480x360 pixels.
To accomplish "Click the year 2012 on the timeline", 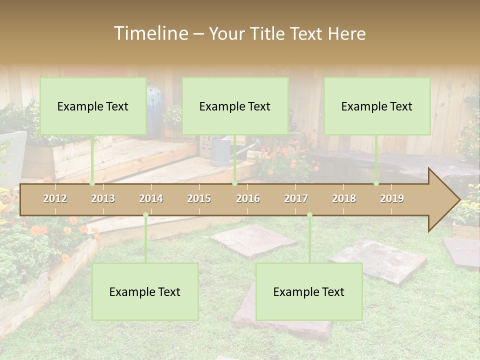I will (55, 198).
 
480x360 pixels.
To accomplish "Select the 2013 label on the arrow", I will (103, 198).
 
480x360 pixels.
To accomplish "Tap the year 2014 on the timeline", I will (151, 198).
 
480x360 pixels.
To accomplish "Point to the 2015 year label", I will (199, 198).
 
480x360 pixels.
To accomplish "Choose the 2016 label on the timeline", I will (248, 198).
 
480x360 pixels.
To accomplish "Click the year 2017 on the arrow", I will (296, 198).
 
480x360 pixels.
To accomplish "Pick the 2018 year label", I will (344, 198).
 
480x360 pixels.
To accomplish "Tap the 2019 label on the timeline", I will (392, 198).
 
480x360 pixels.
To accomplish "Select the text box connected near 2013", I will (93, 106).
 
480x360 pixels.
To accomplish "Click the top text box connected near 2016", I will (235, 106).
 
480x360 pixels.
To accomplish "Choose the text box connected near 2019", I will (377, 106).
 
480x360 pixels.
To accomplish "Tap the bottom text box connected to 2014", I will (145, 291).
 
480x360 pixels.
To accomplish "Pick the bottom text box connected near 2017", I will (309, 291).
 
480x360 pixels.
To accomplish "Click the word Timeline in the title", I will (150, 33).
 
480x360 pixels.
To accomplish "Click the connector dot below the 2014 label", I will (145, 215).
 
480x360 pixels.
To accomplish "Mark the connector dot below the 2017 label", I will (309, 215).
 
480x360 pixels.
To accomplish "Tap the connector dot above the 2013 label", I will (92, 183).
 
